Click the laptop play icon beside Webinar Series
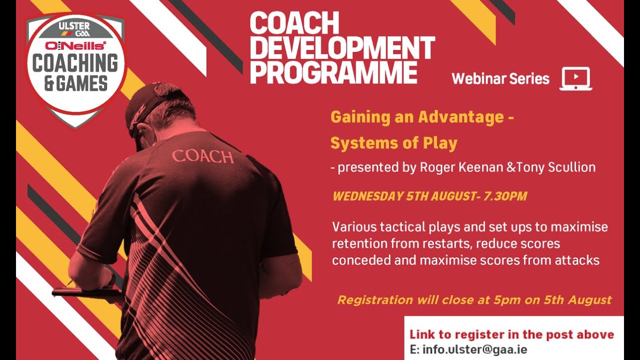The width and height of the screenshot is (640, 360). click(x=576, y=78)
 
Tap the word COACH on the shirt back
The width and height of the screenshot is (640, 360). click(x=202, y=156)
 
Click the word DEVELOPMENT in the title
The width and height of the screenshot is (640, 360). click(x=342, y=48)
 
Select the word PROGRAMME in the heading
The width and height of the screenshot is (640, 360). click(x=333, y=73)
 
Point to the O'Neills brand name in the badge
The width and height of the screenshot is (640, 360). click(x=75, y=46)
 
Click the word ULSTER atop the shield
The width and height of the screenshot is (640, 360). click(x=74, y=25)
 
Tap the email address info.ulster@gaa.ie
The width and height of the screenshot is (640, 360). click(x=474, y=349)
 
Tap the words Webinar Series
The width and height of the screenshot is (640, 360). click(x=500, y=79)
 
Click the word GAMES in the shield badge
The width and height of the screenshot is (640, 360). click(x=82, y=83)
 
